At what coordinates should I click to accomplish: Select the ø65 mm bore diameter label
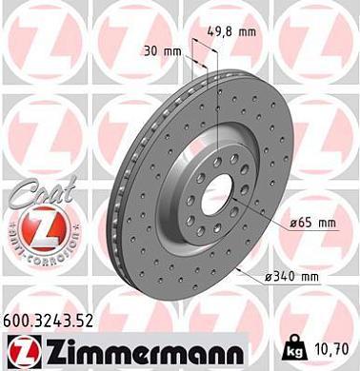click(313, 224)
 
